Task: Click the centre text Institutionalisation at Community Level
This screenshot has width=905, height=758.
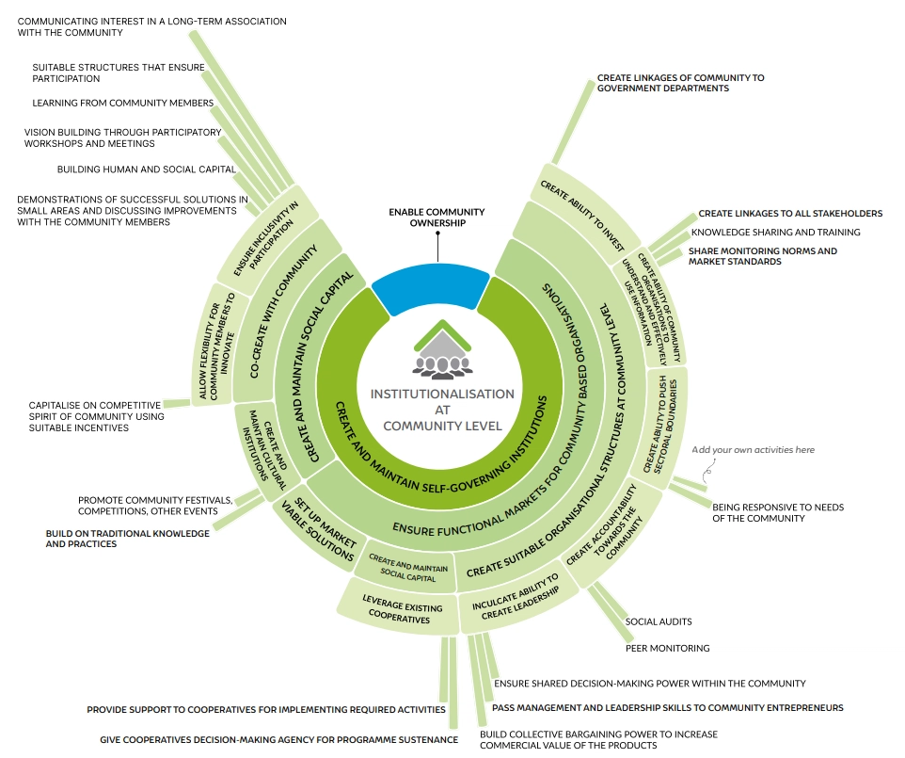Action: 441,410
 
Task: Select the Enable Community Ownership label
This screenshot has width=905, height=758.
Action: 437,218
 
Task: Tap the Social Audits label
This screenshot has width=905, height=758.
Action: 659,621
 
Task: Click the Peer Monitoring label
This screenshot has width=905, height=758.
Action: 667,648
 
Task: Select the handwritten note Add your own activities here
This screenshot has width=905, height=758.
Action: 753,450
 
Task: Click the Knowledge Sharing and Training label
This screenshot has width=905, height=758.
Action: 775,232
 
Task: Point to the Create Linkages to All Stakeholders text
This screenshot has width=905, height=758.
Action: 789,214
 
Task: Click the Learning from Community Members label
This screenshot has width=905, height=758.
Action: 122,103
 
